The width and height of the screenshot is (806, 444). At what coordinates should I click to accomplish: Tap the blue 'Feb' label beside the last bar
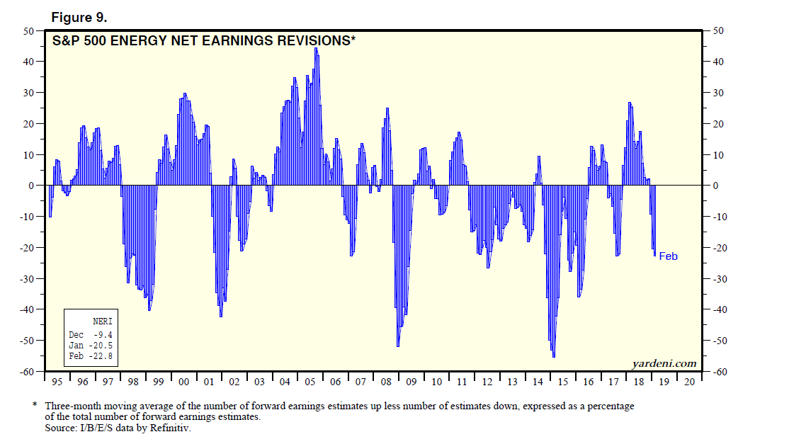(x=668, y=256)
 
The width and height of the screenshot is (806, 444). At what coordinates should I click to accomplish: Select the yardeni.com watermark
(x=664, y=363)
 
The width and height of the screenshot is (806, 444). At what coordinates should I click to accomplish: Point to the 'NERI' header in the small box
(x=102, y=321)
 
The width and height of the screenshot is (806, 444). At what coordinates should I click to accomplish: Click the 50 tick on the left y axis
(x=28, y=31)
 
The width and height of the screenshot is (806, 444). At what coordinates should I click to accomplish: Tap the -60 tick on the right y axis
(x=719, y=372)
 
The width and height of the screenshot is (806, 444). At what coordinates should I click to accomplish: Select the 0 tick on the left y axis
(x=32, y=186)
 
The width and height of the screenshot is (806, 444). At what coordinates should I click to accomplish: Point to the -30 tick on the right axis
(x=719, y=279)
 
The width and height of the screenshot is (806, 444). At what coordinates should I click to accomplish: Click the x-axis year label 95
(x=57, y=382)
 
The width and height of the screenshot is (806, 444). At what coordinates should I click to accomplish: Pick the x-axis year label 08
(x=386, y=382)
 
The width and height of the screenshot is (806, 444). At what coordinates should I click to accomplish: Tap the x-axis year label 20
(x=689, y=382)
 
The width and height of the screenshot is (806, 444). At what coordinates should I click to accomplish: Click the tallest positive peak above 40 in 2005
(x=316, y=50)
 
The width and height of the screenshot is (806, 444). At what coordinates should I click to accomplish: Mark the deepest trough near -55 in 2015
(x=553, y=355)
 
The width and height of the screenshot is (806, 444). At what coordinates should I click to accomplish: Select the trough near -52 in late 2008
(x=398, y=345)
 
